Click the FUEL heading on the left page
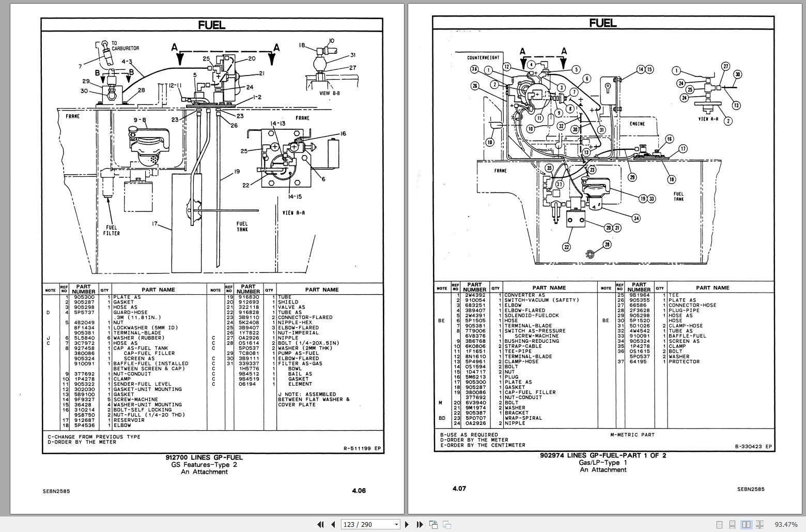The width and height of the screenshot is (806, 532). point(212,25)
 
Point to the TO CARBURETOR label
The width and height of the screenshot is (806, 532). point(125,46)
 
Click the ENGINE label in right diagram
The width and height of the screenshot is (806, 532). point(638,124)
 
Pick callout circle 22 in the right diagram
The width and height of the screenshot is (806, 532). point(566,247)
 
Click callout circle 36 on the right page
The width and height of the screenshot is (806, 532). point(474,70)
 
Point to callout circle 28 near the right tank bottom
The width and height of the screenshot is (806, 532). point(607,245)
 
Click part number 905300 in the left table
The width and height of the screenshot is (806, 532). point(84,297)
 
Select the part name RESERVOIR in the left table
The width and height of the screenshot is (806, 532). point(129,420)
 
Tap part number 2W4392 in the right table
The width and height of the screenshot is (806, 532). point(474,295)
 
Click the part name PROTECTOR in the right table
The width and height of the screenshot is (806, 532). point(684,362)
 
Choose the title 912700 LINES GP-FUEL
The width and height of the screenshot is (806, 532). point(204,458)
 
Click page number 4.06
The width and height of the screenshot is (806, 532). point(359,491)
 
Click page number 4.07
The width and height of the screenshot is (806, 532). point(459,489)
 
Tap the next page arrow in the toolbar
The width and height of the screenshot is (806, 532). point(407,524)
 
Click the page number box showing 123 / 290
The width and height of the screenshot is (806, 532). point(369,524)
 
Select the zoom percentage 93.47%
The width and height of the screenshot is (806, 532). point(786,524)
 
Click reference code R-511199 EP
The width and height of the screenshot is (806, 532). point(362,448)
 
